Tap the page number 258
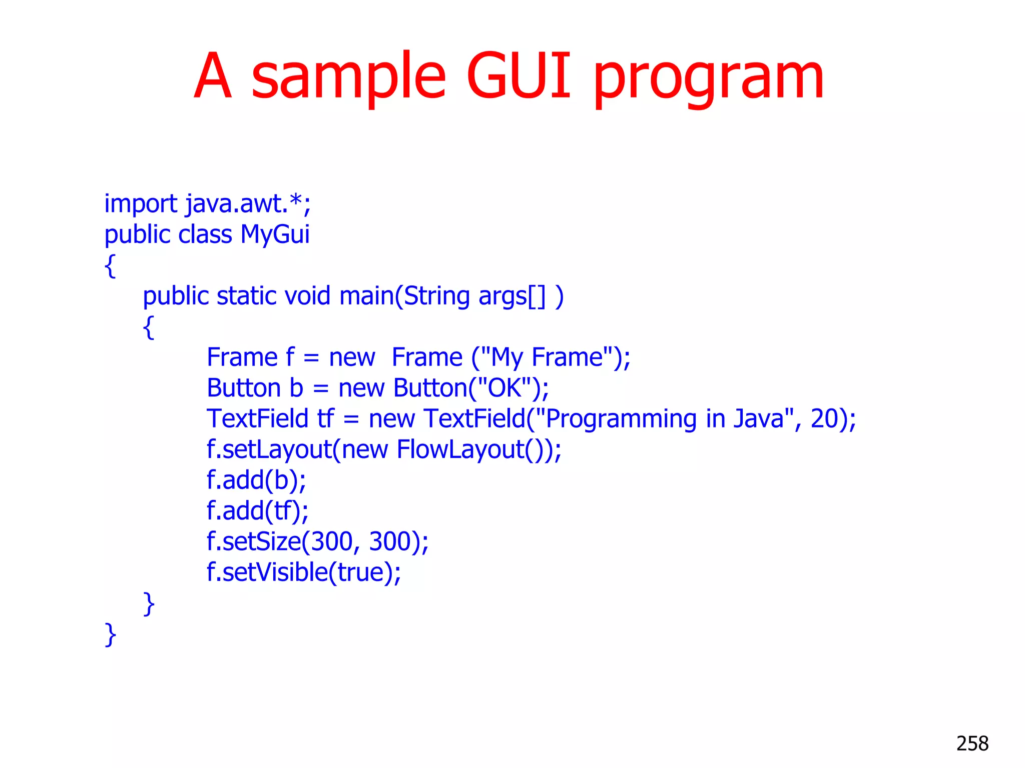coord(972,743)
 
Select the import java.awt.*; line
coord(207,204)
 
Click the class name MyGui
coord(275,234)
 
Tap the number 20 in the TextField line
coord(825,418)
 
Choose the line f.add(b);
coord(256,480)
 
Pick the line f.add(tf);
coord(257,511)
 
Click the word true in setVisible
coord(362,572)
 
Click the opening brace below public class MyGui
coord(110,265)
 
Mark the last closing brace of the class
coord(110,635)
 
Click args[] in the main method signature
coord(511,296)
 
